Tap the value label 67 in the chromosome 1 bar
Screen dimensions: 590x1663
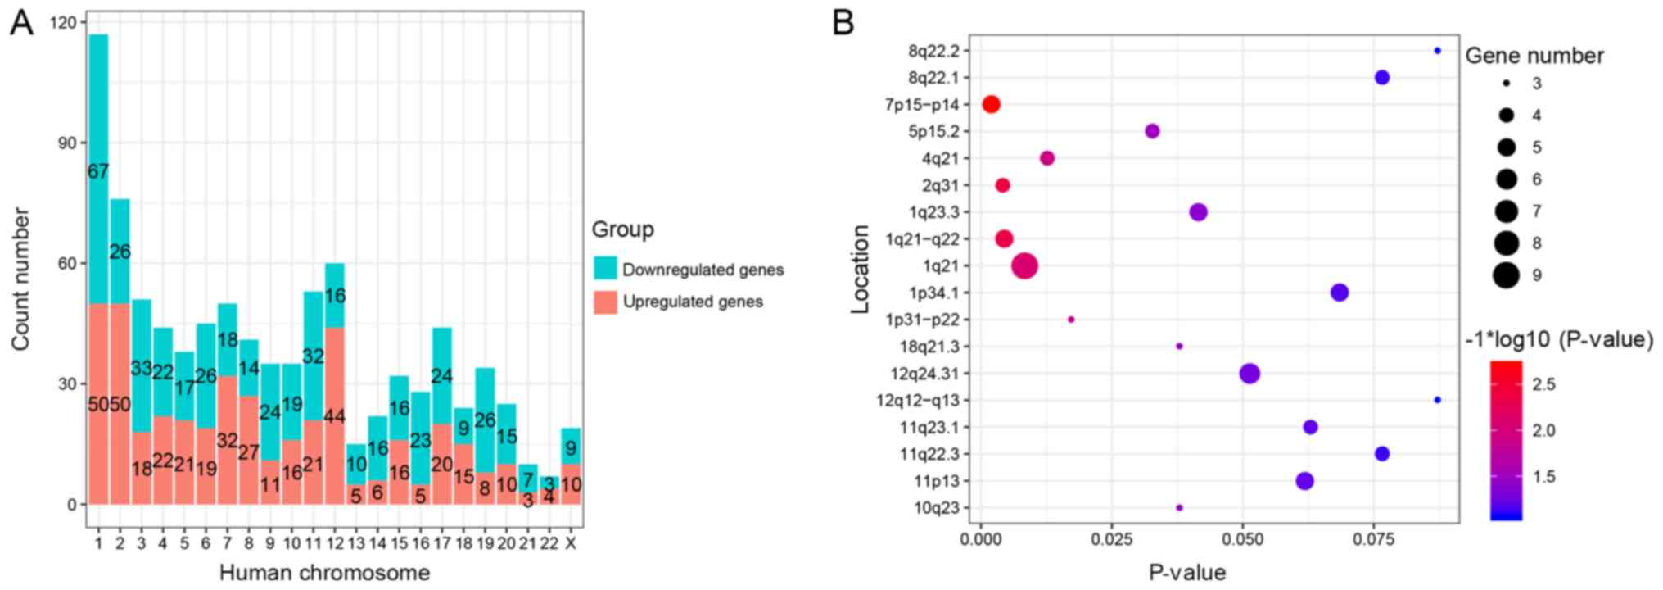pos(98,172)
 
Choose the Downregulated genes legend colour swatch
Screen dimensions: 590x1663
pos(605,269)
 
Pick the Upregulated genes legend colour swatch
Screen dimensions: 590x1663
pos(605,302)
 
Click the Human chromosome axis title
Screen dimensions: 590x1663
pos(324,572)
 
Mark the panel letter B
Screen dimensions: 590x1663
pos(843,23)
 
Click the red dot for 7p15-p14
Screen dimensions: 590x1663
pos(991,104)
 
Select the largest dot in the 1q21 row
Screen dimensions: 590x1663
pos(1024,265)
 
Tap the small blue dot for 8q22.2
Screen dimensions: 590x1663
pos(1437,51)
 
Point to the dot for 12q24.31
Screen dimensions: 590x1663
pos(1249,374)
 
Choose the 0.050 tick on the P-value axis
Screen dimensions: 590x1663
pos(1242,539)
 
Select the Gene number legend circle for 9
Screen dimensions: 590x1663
pos(1505,275)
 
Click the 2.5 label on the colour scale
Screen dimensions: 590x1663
pos(1543,384)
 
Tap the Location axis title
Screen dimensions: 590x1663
pos(860,269)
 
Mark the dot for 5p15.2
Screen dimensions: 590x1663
pos(1152,131)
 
